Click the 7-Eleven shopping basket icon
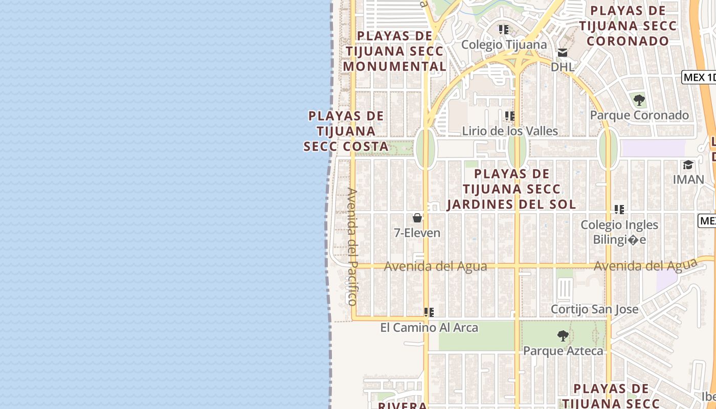[x=417, y=218]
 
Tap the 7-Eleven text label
[x=417, y=233]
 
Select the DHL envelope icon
[x=563, y=52]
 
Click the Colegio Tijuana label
[x=504, y=44]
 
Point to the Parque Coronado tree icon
[x=639, y=100]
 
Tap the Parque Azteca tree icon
[x=563, y=336]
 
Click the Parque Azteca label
[x=563, y=351]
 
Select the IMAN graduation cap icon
[x=688, y=165]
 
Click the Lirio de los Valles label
[x=510, y=131]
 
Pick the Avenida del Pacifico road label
[x=352, y=246]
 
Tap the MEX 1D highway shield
[x=699, y=77]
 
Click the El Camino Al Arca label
[x=429, y=328]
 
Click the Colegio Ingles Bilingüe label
[x=619, y=232]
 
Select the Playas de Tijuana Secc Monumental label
[x=394, y=51]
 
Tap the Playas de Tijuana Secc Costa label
[x=346, y=131]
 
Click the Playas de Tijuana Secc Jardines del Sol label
[x=511, y=189]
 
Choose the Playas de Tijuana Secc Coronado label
[x=628, y=26]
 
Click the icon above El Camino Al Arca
[x=429, y=312]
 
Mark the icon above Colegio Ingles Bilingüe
[x=619, y=209]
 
